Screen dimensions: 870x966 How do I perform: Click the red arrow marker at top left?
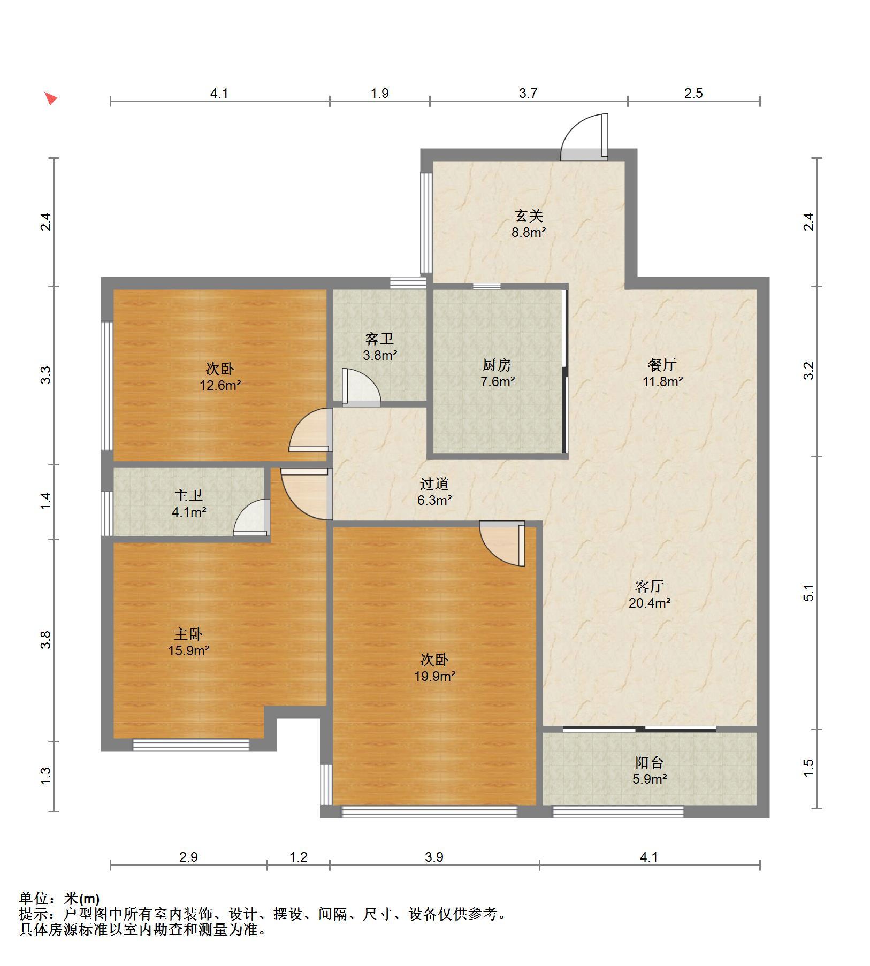coord(51,98)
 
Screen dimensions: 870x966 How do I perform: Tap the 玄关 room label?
coord(529,216)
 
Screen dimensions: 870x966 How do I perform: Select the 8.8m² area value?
coord(529,233)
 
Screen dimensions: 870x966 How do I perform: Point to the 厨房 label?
coord(497,365)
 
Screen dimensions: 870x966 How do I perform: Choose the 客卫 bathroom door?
coord(361,387)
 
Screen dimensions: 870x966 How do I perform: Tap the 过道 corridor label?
coord(434,484)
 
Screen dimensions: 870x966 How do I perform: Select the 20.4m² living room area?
coord(650,603)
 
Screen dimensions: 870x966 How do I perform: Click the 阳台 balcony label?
coord(649,762)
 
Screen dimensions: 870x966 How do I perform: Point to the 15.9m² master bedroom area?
coord(188,651)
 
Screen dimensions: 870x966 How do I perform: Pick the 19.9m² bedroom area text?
coord(434,677)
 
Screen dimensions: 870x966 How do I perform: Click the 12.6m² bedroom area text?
coord(220,385)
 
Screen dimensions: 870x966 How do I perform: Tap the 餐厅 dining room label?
coord(662,365)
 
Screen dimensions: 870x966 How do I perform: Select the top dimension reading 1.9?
coord(379,93)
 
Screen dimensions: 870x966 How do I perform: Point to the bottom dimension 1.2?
coord(298,857)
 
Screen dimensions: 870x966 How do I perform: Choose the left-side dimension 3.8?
coord(47,640)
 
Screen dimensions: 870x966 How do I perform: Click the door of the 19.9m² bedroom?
coord(502,543)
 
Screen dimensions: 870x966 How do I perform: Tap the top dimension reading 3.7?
coord(528,93)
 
